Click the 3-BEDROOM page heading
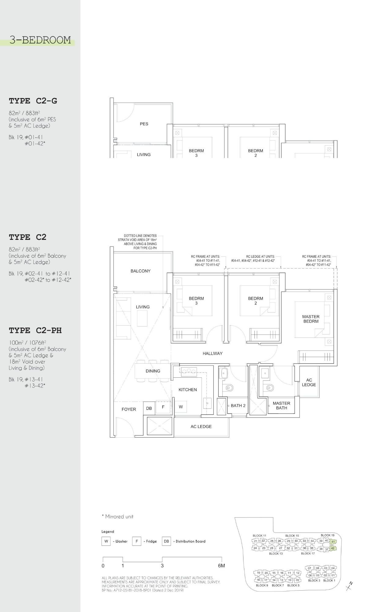40,40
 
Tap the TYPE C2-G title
33,101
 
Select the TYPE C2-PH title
35,330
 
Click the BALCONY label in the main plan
140,271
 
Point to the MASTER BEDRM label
311,319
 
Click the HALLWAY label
213,353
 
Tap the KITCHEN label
188,390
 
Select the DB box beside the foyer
149,408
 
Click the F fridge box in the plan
163,407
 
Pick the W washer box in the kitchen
181,407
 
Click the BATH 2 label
238,406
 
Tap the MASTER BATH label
281,406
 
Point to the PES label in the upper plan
144,124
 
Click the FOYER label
129,409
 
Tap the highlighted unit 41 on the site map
332,541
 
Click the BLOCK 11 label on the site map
259,535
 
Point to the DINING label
153,371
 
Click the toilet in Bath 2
228,388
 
